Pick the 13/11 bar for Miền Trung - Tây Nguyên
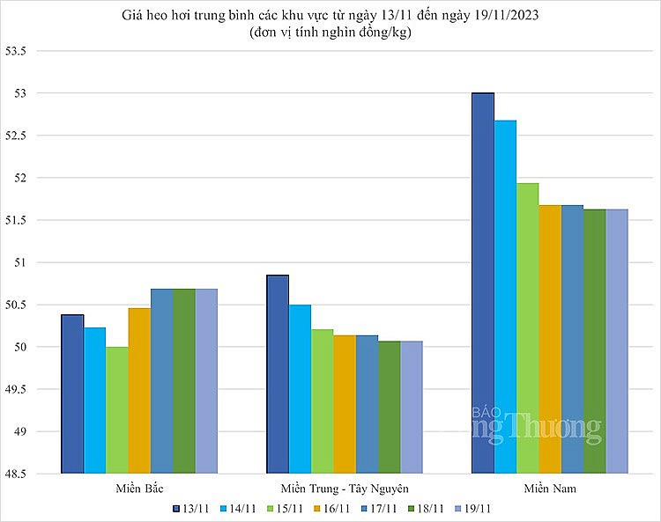click(x=278, y=374)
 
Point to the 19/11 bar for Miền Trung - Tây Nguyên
click(x=412, y=408)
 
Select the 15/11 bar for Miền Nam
click(x=527, y=328)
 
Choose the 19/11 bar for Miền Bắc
click(x=206, y=381)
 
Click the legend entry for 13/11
click(x=189, y=509)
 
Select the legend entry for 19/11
click(x=472, y=509)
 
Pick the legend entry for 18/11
click(x=425, y=509)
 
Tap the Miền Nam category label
click(x=550, y=488)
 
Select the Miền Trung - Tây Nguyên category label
click(x=345, y=488)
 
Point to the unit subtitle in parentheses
click(x=330, y=33)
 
